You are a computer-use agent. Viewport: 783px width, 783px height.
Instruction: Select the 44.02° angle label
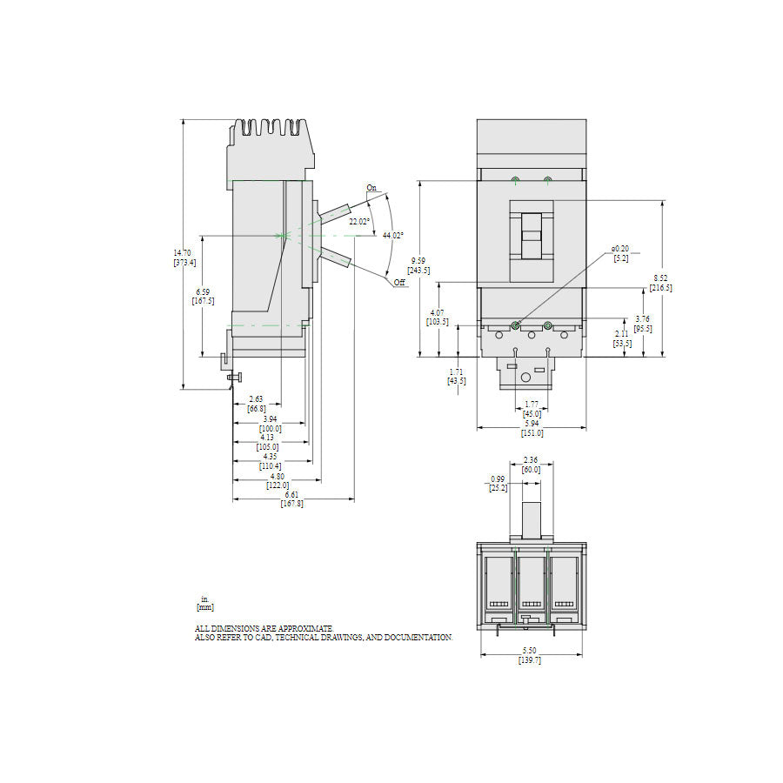pos(394,235)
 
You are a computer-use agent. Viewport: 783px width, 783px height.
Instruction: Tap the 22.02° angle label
pos(359,222)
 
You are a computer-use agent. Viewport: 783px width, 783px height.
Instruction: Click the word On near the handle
pos(371,188)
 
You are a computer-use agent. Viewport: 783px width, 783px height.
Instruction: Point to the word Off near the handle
pos(399,283)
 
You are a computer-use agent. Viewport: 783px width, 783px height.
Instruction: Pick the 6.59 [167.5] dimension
pos(203,296)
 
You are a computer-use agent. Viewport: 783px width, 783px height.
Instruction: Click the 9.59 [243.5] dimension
pos(419,264)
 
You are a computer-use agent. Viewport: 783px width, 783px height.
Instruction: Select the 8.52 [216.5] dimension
pos(662,283)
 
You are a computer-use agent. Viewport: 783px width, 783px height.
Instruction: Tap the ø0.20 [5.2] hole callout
pos(621,253)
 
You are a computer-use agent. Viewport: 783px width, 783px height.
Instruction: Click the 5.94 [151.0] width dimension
pos(532,428)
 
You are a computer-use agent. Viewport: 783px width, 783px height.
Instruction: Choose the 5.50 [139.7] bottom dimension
pos(530,656)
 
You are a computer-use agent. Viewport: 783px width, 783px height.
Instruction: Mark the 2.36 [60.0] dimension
pos(531,465)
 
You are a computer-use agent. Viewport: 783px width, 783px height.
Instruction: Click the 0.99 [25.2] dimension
pos(498,484)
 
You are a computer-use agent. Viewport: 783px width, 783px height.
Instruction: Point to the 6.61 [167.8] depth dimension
pos(292,499)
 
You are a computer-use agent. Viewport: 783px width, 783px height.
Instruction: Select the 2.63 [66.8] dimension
pos(257,403)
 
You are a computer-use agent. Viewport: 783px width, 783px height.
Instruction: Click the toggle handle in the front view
pos(531,235)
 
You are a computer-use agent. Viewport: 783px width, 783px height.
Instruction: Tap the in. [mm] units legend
pos(205,603)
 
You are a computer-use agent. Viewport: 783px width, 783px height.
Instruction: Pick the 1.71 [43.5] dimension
pos(456,376)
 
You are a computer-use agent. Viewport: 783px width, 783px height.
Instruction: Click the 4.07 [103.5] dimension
pos(438,317)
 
